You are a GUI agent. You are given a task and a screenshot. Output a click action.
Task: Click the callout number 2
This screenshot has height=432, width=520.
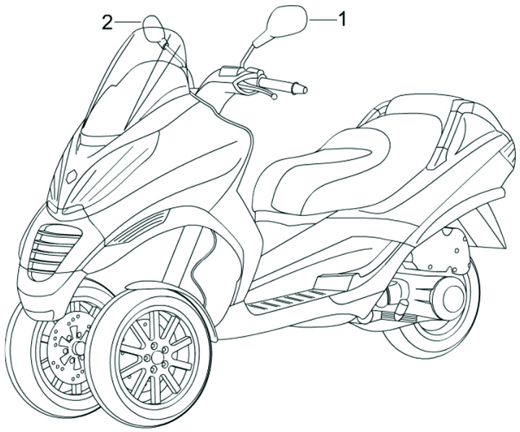[107, 22]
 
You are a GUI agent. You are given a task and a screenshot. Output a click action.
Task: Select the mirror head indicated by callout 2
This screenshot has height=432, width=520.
[154, 29]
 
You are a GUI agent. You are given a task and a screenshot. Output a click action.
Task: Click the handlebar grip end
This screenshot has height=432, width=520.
[300, 90]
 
